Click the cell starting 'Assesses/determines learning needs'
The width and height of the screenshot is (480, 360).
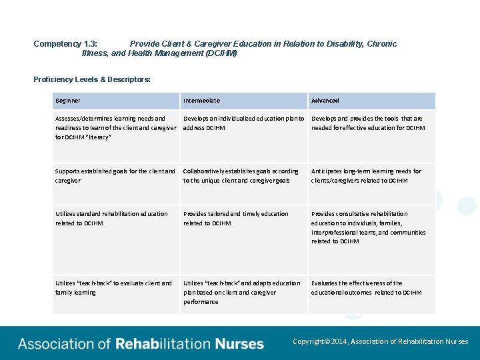pyautogui.click(x=115, y=127)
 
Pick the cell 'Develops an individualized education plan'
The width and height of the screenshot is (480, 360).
pyautogui.click(x=243, y=123)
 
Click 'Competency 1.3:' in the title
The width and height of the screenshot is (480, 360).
pyautogui.click(x=65, y=44)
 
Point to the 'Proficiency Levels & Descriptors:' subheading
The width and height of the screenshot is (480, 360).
pyautogui.click(x=92, y=80)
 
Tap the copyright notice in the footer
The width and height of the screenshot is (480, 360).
pyautogui.click(x=380, y=341)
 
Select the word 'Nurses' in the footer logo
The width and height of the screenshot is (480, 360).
pyautogui.click(x=239, y=344)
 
